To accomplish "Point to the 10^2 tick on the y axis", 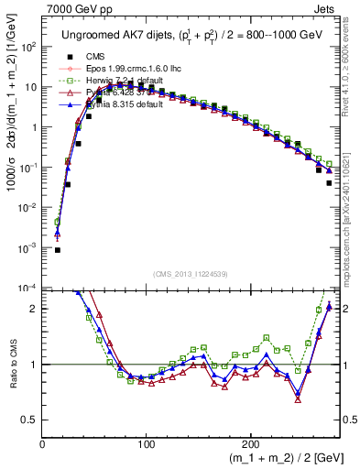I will click(29, 47).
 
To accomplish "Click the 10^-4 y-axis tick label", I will click(29, 289).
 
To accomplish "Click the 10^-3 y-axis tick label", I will click(29, 248).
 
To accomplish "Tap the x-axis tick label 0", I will click(42, 443).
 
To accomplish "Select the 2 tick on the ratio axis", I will click(34, 309).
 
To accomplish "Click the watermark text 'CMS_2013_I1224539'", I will click(190, 273).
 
